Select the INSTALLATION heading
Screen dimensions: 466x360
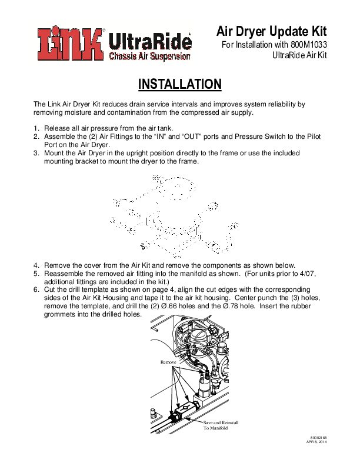(179, 85)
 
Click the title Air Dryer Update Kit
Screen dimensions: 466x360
(271, 31)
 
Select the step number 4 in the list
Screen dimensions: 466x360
(36, 265)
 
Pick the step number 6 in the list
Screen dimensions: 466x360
(36, 290)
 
